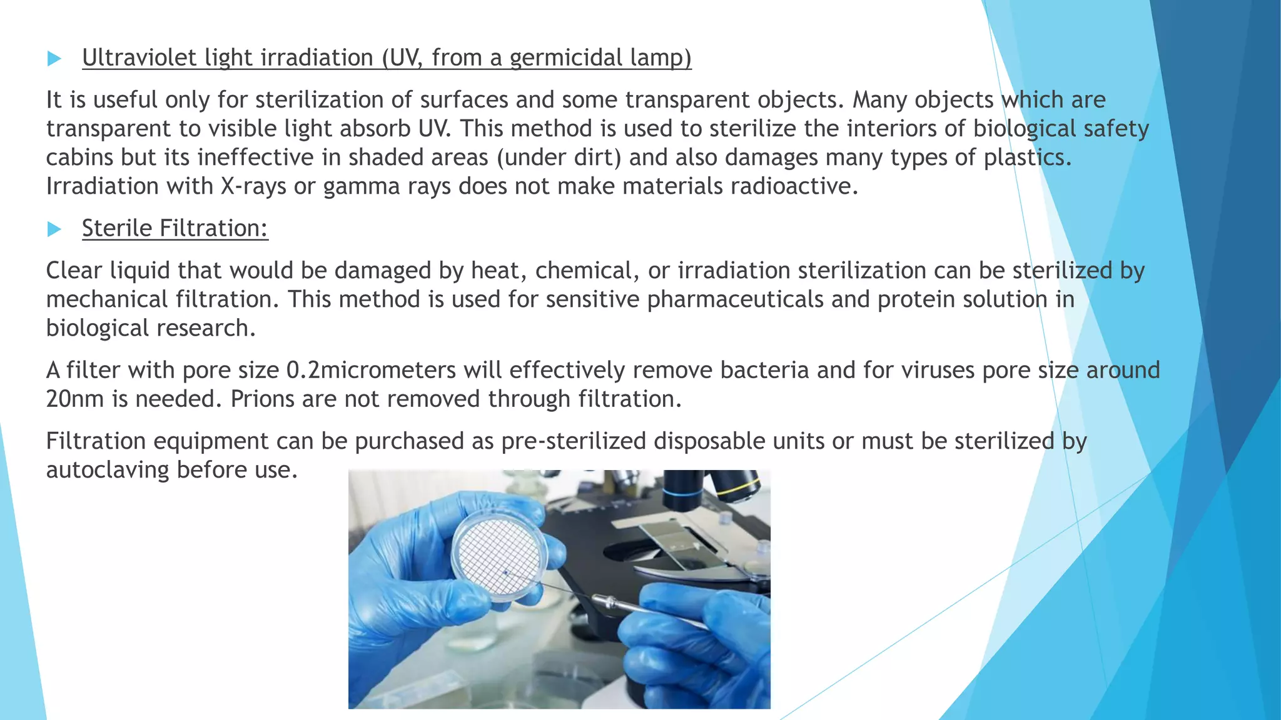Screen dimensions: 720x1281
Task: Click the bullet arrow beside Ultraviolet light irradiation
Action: [x=54, y=59]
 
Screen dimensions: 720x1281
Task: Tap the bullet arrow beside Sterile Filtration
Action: [x=54, y=229]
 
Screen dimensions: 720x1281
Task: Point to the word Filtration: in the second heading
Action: [x=214, y=228]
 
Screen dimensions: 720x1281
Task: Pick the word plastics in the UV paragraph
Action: [x=1027, y=157]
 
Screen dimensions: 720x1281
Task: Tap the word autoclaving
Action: [x=108, y=470]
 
